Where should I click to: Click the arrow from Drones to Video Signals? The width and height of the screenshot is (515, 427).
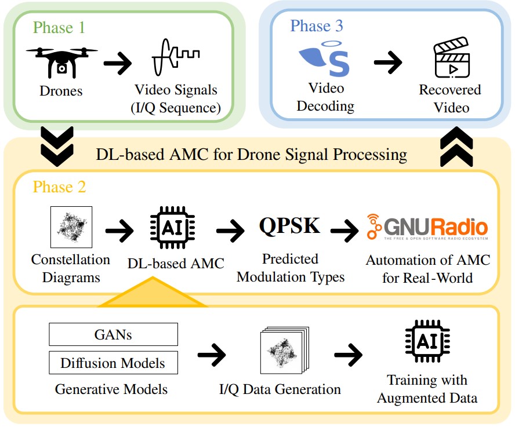point(118,63)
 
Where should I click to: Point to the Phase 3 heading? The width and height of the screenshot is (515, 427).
point(317,25)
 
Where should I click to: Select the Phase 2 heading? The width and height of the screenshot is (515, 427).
point(58,187)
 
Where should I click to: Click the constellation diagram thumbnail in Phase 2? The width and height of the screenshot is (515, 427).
point(71,227)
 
